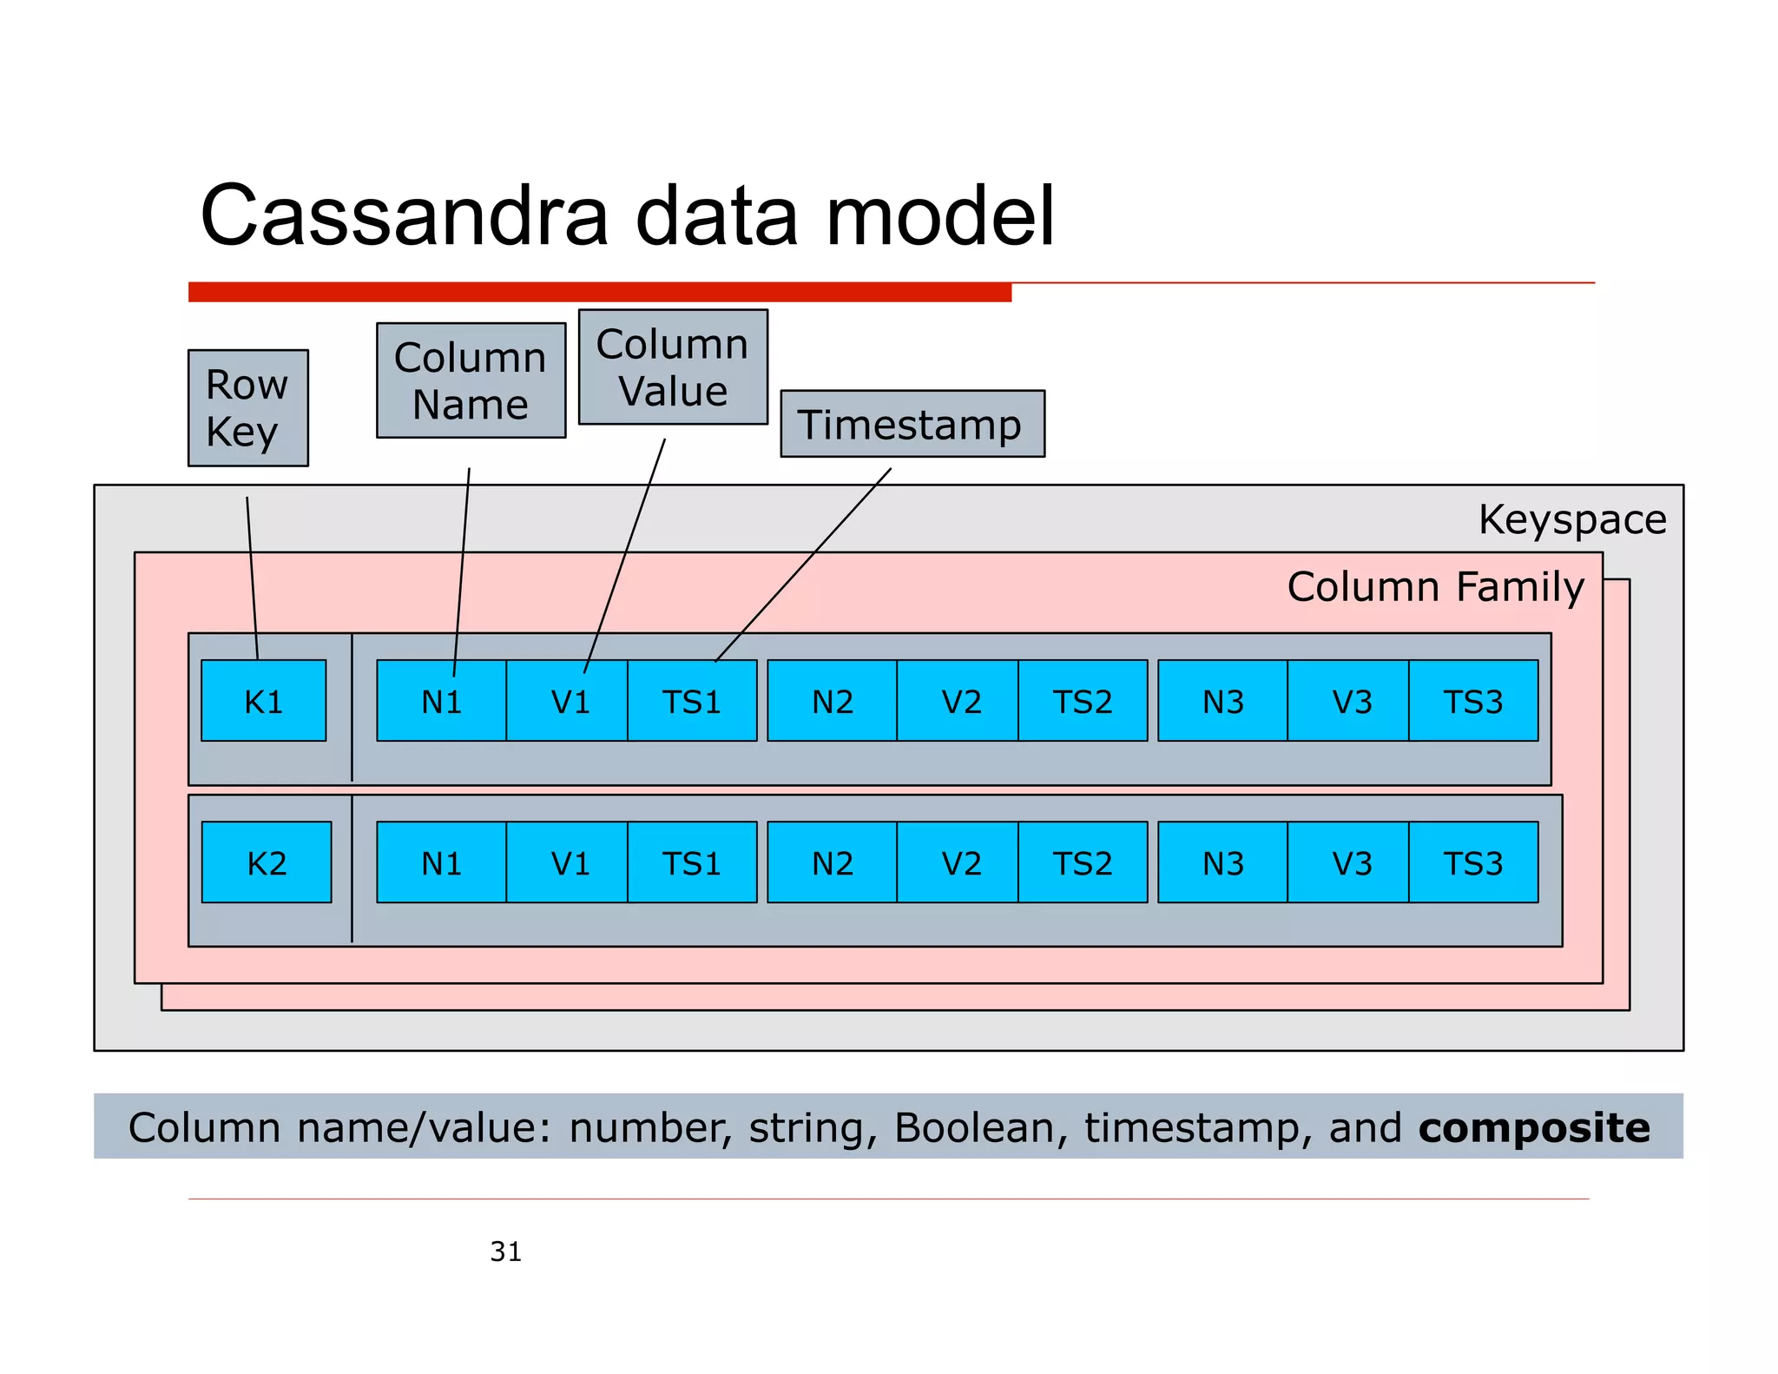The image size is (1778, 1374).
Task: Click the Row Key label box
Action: tap(247, 407)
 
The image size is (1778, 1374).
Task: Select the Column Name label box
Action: tap(471, 380)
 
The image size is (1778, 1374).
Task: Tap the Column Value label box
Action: tap(673, 367)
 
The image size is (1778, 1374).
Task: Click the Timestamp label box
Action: tap(912, 424)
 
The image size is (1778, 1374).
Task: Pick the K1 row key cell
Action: tap(263, 700)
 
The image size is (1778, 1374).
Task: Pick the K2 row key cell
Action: tap(266, 862)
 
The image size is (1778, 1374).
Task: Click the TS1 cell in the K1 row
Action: tap(692, 700)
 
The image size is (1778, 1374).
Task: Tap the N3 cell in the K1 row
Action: tap(1222, 700)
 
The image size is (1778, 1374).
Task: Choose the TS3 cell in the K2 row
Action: tap(1473, 862)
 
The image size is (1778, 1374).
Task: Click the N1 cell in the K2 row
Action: tap(441, 862)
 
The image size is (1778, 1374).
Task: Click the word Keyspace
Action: tap(1571, 519)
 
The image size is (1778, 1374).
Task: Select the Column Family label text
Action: tap(1435, 586)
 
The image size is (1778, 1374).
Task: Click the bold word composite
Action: tap(1534, 1127)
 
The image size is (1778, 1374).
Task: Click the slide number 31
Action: tap(505, 1251)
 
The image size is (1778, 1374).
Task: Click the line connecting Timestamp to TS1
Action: tap(803, 565)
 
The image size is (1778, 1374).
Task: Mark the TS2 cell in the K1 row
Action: tap(1083, 700)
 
